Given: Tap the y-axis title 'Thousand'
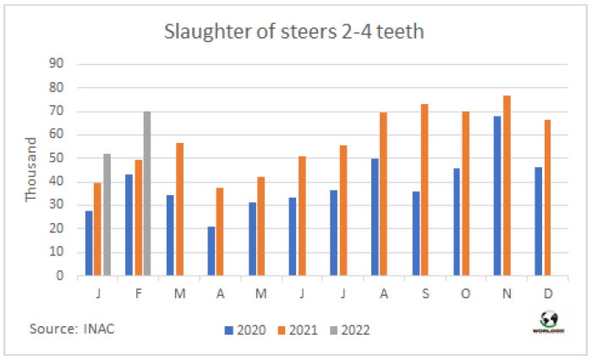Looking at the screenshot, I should coord(31,170).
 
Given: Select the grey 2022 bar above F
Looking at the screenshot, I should coord(147,194).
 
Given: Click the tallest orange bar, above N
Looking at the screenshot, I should coord(507,185).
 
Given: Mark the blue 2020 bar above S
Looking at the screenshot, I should coord(415,233).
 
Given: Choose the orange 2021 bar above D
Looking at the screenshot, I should coord(548,198).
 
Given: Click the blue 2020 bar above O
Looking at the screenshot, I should coord(457,221).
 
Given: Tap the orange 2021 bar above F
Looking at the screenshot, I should coord(138,217).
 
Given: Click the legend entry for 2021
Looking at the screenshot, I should coord(296,330).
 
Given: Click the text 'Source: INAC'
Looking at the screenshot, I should coord(71,328).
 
